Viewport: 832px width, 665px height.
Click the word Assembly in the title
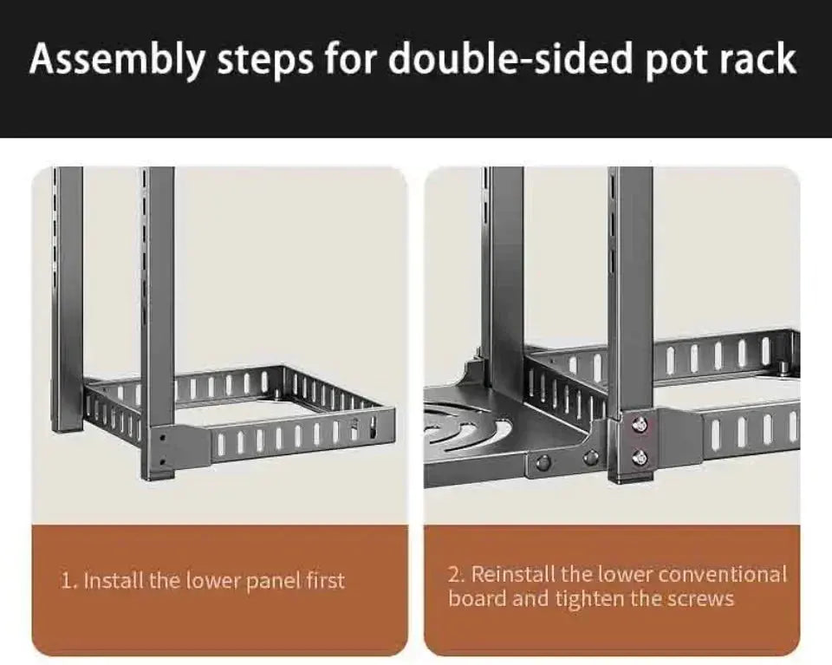click(x=116, y=59)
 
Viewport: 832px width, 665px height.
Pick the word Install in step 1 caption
click(x=114, y=580)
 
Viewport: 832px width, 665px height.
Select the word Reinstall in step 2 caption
click(x=513, y=574)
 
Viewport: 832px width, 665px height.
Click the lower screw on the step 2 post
click(x=640, y=456)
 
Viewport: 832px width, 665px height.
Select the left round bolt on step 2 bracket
click(x=543, y=461)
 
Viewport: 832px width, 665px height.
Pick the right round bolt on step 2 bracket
click(x=590, y=459)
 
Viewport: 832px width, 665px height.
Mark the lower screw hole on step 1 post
click(x=162, y=461)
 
